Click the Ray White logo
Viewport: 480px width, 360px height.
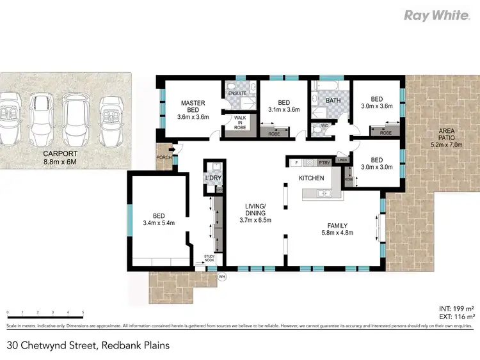coord(436,15)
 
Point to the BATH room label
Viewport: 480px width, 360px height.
coord(333,100)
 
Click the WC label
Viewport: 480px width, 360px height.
coord(324,125)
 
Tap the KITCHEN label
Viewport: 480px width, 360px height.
coord(311,178)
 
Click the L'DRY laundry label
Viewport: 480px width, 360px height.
coord(212,177)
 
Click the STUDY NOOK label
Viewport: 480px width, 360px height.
coord(210,258)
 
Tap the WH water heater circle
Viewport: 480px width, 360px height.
coord(222,277)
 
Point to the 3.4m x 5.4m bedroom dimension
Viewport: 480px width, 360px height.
coord(159,223)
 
